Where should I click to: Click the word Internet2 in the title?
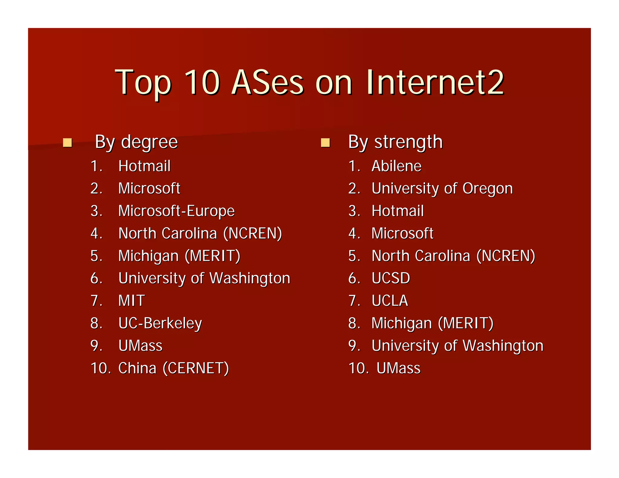coord(435,82)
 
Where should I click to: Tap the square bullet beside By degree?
coord(67,143)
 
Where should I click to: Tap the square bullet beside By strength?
coord(325,143)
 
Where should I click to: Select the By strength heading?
coord(395,142)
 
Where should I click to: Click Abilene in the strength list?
coord(396,166)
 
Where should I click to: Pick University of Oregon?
coord(442,189)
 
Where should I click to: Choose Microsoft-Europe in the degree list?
coord(176,211)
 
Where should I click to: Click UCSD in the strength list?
coord(391,278)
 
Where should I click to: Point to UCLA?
coord(390,301)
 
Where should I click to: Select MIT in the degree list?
coord(131,301)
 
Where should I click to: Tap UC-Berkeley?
coord(160,323)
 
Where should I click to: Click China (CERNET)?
coord(173,368)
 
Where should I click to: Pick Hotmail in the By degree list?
coord(144,166)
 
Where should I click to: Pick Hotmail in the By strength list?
coord(397,211)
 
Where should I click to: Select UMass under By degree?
coord(141,346)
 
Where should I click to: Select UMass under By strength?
coord(398,368)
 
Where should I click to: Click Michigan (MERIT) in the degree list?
coord(179,256)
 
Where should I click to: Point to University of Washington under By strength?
coord(457,346)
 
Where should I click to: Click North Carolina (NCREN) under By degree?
coord(200,233)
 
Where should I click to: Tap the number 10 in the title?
coord(202,82)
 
